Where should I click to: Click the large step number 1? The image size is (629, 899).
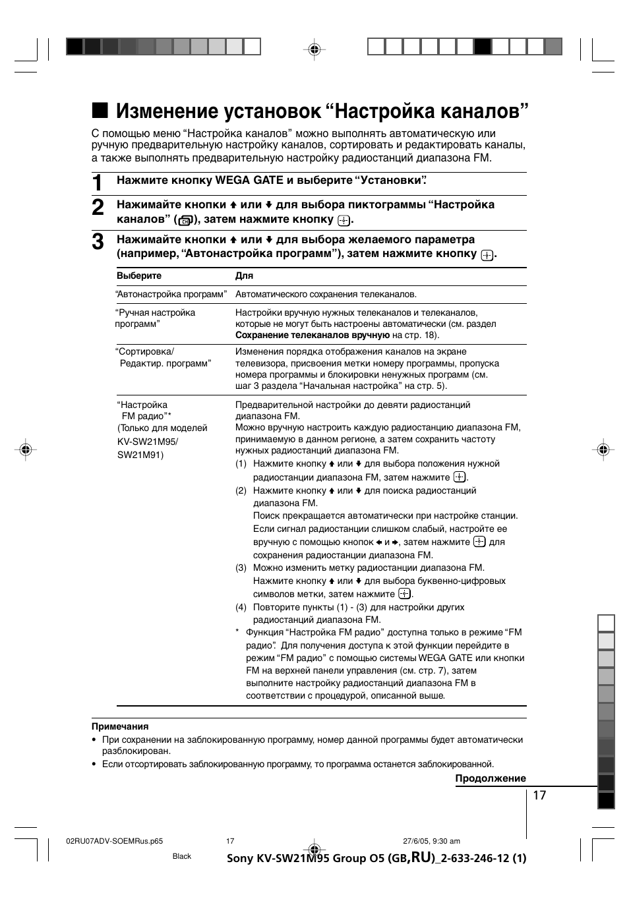coord(98,183)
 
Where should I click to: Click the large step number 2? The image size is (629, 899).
coord(98,208)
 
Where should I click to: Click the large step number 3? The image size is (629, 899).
coord(98,242)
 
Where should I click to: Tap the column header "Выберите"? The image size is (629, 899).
coord(139,276)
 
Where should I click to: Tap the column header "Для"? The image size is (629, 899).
coord(244,276)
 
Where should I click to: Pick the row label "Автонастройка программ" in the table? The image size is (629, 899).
coord(171,295)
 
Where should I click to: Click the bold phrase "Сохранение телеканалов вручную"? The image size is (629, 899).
coord(313,335)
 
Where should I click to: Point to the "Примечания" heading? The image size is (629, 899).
coord(120,726)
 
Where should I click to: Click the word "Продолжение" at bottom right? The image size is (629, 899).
coord(491,778)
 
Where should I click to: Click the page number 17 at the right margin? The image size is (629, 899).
coord(539,796)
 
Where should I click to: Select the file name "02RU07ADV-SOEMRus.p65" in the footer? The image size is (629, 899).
coord(115,841)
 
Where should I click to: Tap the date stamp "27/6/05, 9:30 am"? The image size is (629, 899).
coord(431,841)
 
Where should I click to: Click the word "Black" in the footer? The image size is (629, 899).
coord(182,856)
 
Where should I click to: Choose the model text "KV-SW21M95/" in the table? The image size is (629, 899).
coord(148,442)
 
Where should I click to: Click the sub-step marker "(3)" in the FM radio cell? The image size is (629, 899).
coord(241,567)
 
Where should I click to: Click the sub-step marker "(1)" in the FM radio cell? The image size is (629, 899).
coord(241,464)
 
